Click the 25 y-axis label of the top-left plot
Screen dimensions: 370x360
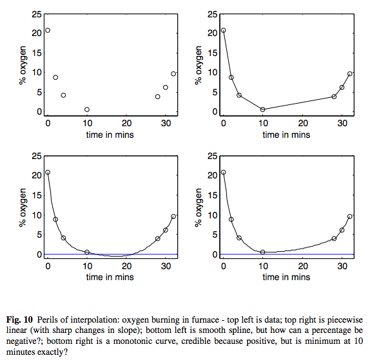[37, 15]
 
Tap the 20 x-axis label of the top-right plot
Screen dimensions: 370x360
[303, 123]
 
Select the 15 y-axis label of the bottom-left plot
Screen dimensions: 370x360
[37, 195]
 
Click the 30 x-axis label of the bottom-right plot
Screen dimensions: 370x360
[342, 266]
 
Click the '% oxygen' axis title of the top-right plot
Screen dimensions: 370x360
[199, 65]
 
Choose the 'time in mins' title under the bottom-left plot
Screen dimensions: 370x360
[110, 277]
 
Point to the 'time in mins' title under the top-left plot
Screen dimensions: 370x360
[110, 135]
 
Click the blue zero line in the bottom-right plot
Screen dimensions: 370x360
[287, 254]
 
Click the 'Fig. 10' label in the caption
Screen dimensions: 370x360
[19, 320]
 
